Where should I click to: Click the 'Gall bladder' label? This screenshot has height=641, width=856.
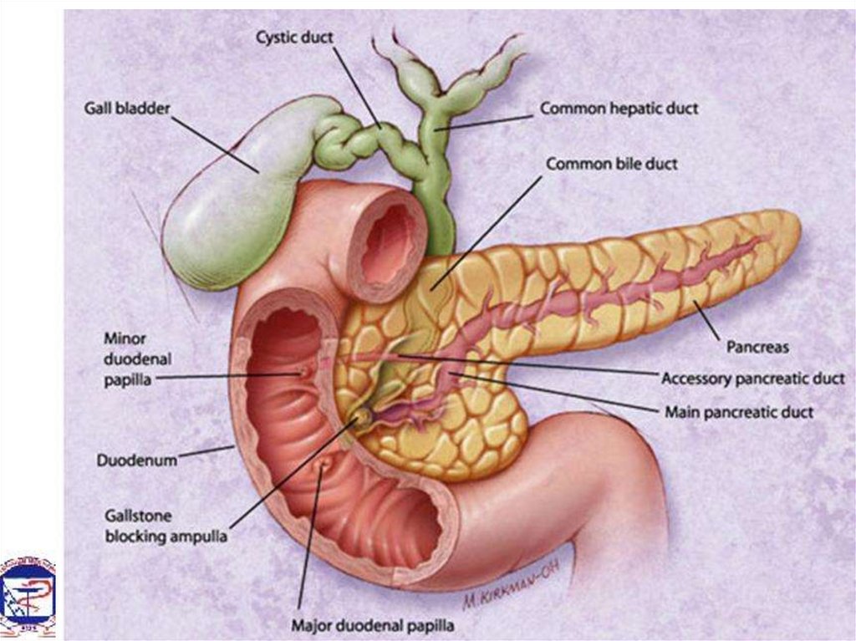(x=126, y=109)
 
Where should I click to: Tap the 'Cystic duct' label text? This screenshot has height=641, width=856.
(x=294, y=38)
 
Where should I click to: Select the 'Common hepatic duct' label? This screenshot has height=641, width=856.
(x=618, y=109)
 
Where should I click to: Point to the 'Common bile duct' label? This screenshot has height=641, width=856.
(x=611, y=165)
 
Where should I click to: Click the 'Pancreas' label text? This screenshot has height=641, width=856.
(x=757, y=345)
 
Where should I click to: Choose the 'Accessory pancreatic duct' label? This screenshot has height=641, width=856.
(x=752, y=379)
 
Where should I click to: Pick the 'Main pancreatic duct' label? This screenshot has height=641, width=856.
(x=738, y=411)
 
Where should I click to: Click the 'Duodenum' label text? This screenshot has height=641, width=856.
(x=136, y=460)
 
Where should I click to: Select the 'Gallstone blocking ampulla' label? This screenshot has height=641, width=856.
(x=165, y=527)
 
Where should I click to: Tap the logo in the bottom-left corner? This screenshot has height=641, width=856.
(x=28, y=595)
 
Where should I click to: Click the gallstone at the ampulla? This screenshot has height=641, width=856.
(x=363, y=415)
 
